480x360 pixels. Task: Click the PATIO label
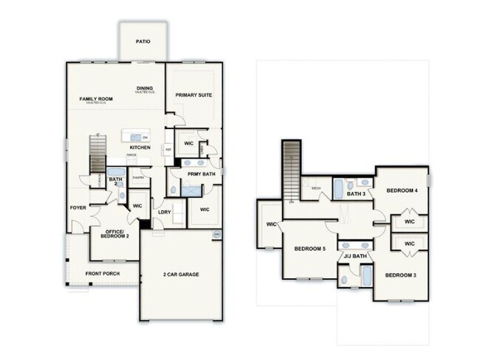click(x=143, y=41)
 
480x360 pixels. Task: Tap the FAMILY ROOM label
click(x=97, y=99)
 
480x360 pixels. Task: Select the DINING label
click(x=145, y=89)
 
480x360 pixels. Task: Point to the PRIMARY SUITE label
click(x=193, y=95)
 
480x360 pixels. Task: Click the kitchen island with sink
click(x=135, y=136)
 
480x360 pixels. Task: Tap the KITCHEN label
click(x=140, y=148)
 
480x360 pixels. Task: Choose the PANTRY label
click(x=137, y=177)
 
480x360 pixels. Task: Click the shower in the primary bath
click(x=191, y=190)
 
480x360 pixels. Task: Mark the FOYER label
click(x=78, y=208)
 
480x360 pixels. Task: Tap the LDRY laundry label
click(x=165, y=212)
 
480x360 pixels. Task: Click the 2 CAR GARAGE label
click(x=181, y=274)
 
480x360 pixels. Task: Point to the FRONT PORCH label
click(x=103, y=274)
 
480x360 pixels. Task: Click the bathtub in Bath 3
click(x=338, y=189)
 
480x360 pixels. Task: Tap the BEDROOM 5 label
click(x=309, y=249)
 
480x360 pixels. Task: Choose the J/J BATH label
click(x=355, y=256)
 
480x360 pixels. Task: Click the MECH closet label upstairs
click(x=315, y=189)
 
